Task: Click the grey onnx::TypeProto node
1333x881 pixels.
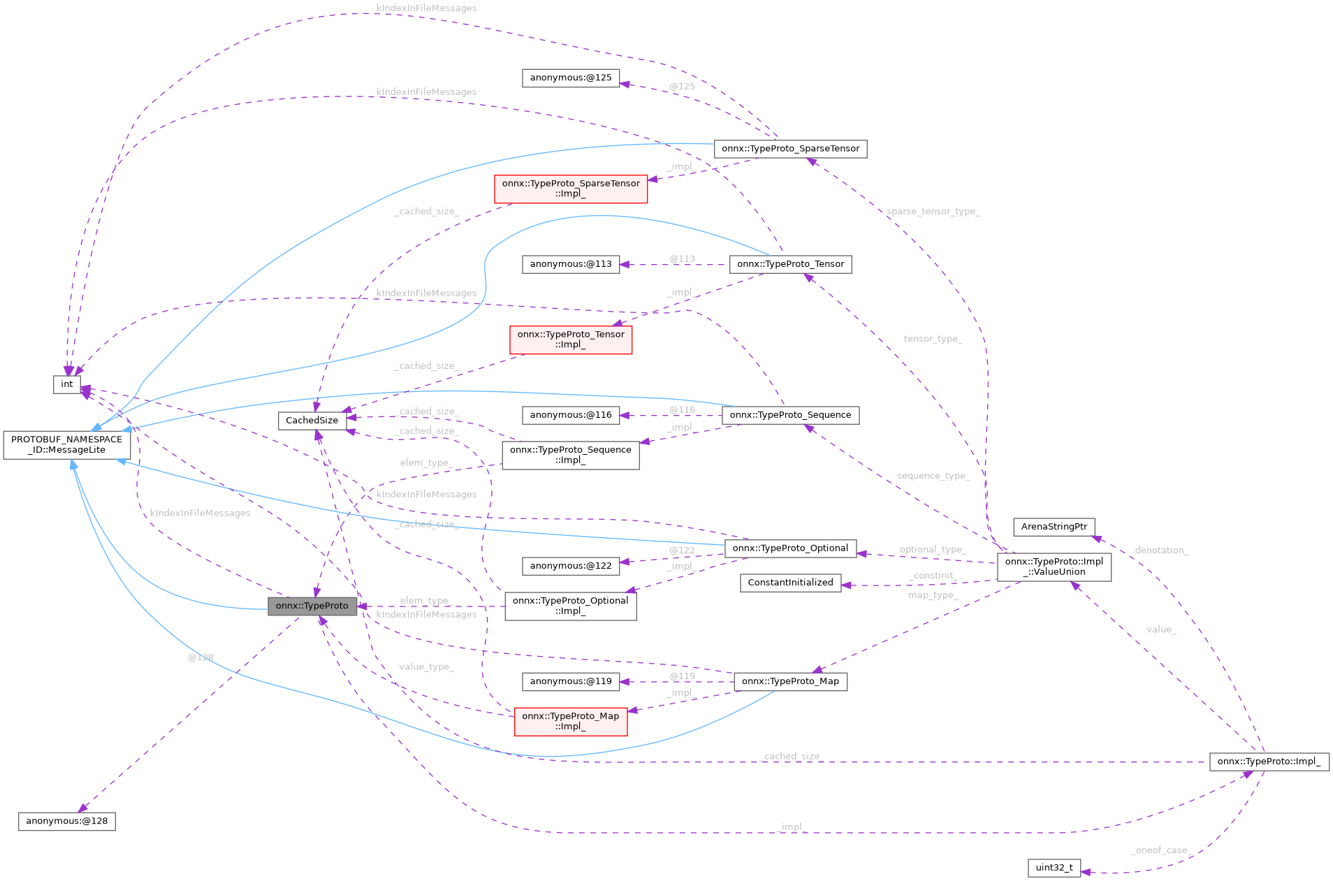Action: tap(312, 606)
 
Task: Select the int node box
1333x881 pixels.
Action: tap(66, 384)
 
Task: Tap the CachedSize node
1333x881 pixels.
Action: tap(312, 421)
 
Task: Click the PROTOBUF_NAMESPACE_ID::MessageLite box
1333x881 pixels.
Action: tap(66, 445)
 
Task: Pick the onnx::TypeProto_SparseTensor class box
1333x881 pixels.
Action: tap(790, 149)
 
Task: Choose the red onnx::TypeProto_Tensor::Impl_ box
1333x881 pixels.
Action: tap(571, 340)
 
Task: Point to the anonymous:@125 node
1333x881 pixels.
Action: tap(570, 78)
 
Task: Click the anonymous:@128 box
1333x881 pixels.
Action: tap(66, 821)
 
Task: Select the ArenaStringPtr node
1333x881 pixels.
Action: tap(1054, 527)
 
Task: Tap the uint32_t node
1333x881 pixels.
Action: tap(1054, 868)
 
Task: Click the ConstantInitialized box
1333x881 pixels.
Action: tap(790, 583)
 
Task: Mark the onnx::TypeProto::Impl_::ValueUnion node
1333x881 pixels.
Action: tap(1054, 567)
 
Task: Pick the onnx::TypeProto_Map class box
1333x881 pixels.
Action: tap(790, 681)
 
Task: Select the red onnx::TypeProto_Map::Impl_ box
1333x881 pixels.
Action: tap(570, 721)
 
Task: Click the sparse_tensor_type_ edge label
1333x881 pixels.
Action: tap(933, 212)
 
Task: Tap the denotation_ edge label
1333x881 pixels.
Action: tap(1161, 551)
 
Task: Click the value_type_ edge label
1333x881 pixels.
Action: tap(426, 667)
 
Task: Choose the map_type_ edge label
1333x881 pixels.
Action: tap(933, 595)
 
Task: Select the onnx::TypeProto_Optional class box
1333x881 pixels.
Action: tap(790, 548)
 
